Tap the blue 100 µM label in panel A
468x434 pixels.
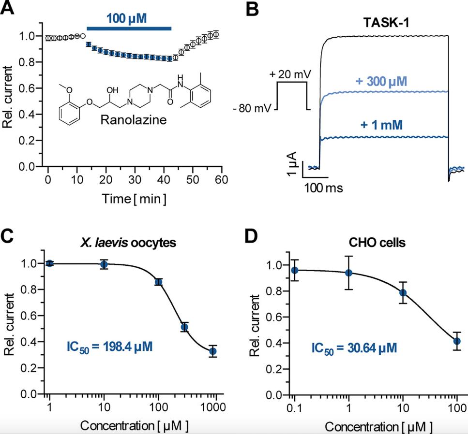pyautogui.click(x=127, y=19)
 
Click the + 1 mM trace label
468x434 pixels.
pyautogui.click(x=382, y=125)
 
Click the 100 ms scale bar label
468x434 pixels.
pyautogui.click(x=323, y=188)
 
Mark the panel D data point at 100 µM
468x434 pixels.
pyautogui.click(x=456, y=341)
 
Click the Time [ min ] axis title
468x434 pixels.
pyautogui.click(x=134, y=199)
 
